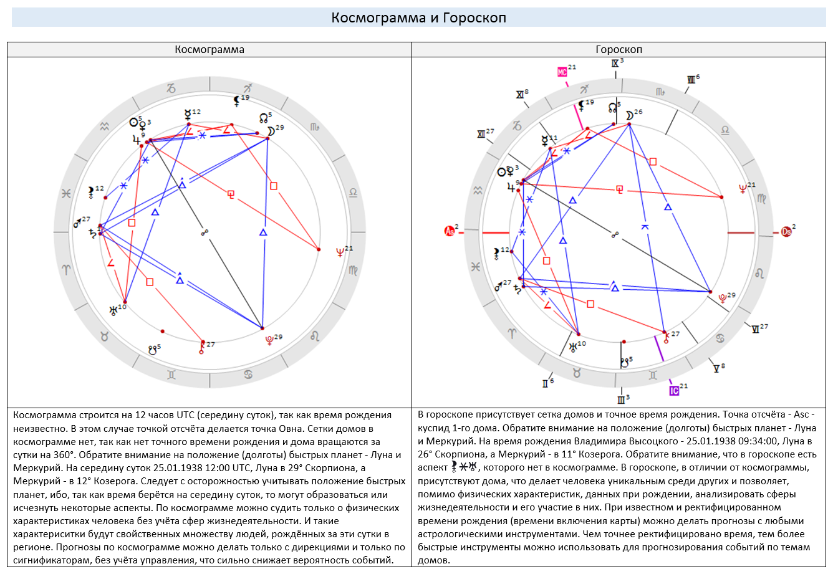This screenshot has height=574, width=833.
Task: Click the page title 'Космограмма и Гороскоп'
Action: (418, 17)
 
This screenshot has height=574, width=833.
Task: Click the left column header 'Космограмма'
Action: (209, 49)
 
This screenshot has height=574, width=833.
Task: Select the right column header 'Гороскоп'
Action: (619, 49)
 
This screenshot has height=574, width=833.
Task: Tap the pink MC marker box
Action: (562, 72)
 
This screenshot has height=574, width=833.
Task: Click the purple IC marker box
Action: (674, 391)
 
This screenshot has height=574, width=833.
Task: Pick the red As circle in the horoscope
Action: (449, 231)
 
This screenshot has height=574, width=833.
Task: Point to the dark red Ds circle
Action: (786, 232)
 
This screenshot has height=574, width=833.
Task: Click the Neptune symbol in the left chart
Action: (340, 253)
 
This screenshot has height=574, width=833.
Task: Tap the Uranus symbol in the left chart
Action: (113, 310)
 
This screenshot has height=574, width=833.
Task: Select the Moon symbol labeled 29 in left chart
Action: (271, 132)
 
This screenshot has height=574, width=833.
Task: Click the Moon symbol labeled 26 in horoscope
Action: (629, 115)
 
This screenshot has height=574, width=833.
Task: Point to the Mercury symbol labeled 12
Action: (188, 115)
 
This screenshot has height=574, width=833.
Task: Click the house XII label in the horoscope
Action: (481, 134)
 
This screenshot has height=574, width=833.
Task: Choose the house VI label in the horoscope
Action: (755, 330)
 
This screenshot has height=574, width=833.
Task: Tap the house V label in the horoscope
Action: (716, 369)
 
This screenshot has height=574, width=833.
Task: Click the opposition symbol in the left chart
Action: (205, 232)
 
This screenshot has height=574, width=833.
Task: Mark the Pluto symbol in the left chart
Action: (269, 340)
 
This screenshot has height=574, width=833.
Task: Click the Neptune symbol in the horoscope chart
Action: (743, 189)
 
